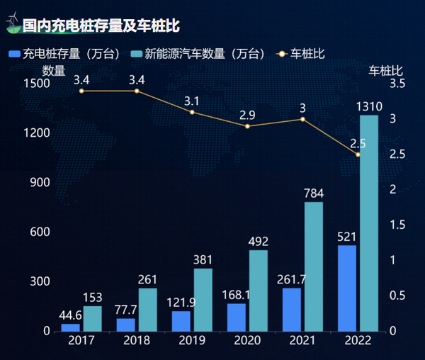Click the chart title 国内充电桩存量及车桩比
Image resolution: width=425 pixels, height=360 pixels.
click(x=101, y=26)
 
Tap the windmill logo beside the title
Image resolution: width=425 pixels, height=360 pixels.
click(x=13, y=26)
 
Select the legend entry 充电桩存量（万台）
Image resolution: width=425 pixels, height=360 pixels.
click(x=67, y=53)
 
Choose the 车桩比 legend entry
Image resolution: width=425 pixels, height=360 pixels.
click(x=300, y=53)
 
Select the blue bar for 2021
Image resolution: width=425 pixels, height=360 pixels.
click(x=291, y=310)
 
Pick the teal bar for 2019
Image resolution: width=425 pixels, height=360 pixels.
click(x=203, y=300)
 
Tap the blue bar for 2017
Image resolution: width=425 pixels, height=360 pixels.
click(x=71, y=327)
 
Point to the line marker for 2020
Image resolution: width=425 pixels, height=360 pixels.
click(x=247, y=126)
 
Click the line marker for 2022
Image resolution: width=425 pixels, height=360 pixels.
click(x=358, y=154)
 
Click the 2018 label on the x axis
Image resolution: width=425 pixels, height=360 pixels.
click(x=137, y=341)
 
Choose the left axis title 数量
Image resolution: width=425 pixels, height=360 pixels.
click(x=54, y=70)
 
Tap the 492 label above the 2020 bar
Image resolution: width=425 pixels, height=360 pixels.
click(x=259, y=242)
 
